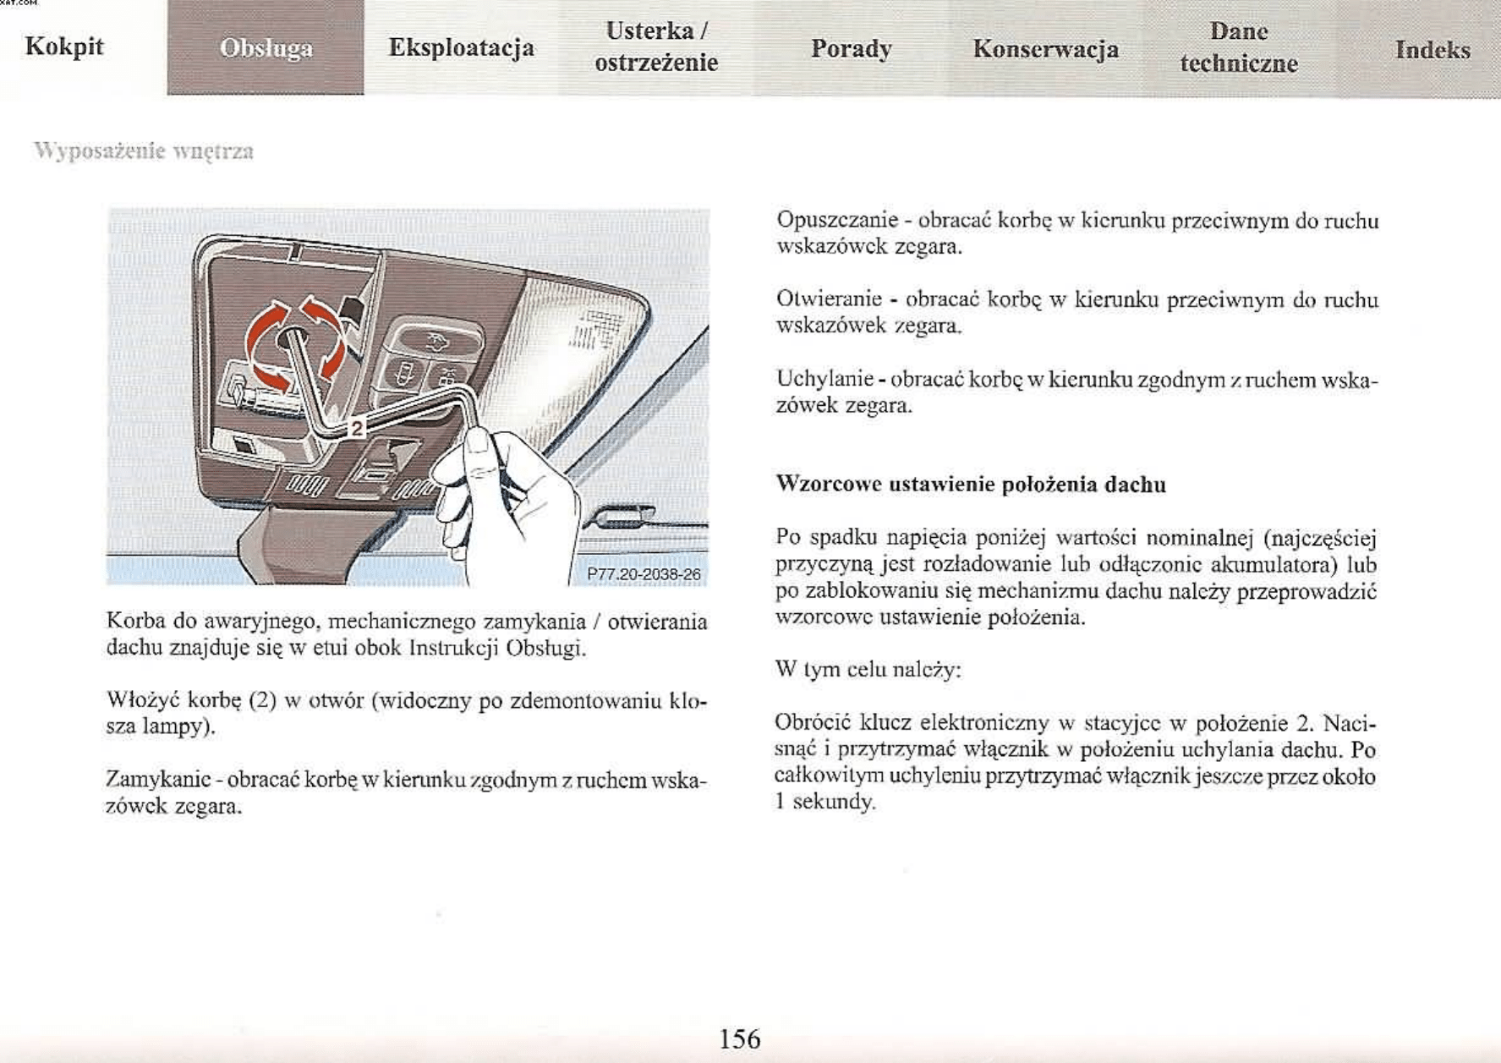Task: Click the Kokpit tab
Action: (64, 47)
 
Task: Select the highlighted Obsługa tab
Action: (266, 48)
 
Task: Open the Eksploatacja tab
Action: (461, 47)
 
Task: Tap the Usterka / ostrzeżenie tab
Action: (655, 47)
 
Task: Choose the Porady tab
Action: (851, 48)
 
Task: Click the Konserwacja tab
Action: (1045, 49)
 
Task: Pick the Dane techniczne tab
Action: (1239, 47)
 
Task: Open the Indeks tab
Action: (1432, 50)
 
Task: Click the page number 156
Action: (739, 1038)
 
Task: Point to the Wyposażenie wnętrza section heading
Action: (144, 151)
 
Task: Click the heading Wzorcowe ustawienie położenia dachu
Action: (970, 485)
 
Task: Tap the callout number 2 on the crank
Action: (357, 428)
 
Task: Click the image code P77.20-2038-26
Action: (643, 574)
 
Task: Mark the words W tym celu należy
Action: (868, 670)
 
